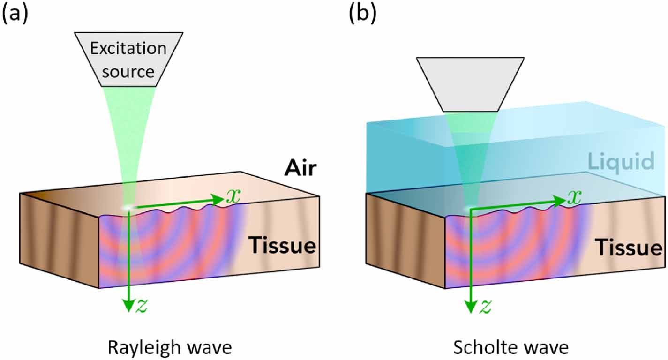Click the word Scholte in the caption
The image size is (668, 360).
click(483, 348)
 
